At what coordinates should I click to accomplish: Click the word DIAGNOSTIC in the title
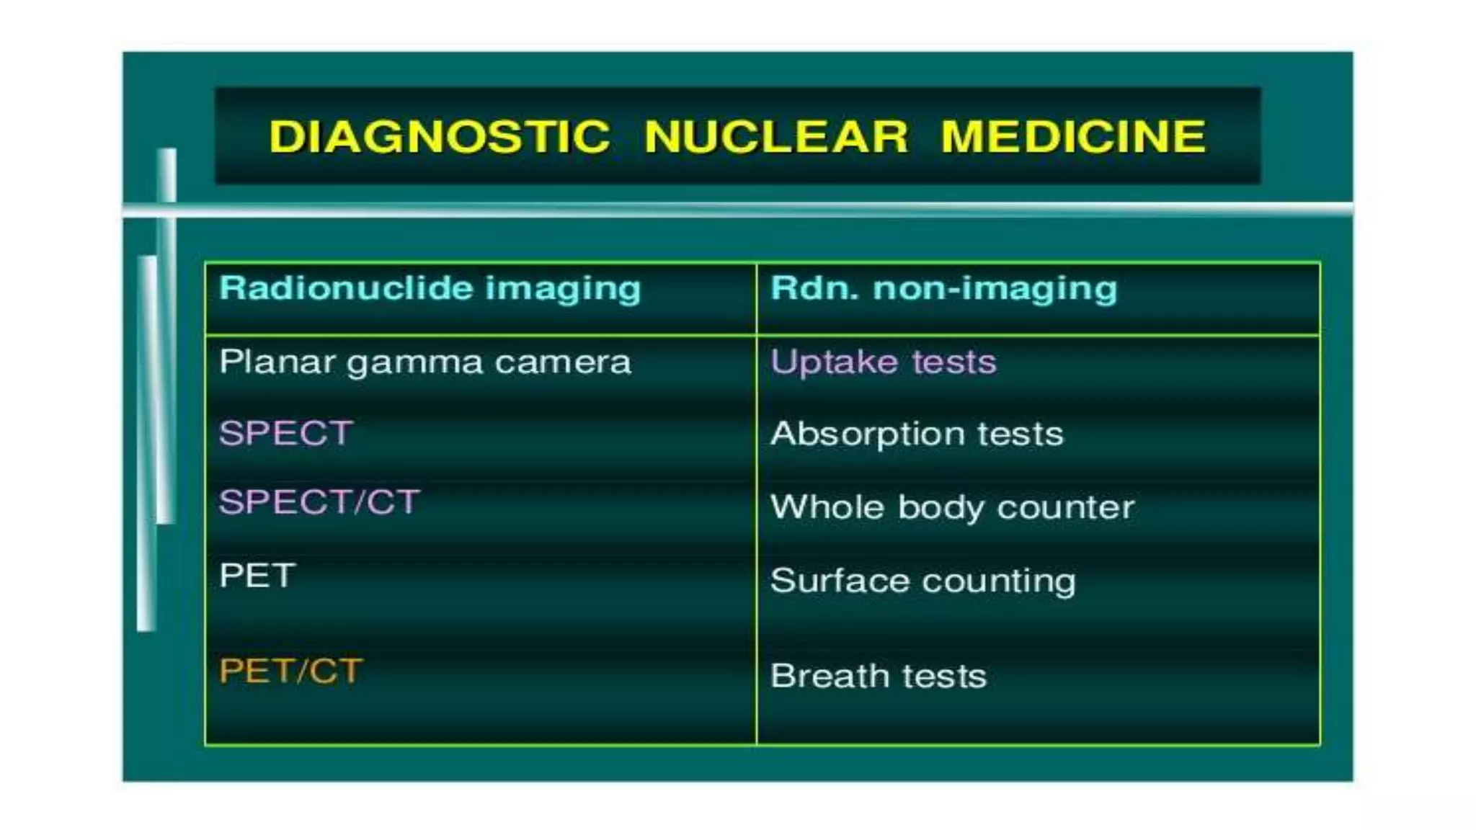(440, 137)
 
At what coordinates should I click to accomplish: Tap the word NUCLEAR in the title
(776, 137)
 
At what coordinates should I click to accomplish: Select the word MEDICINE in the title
(1073, 137)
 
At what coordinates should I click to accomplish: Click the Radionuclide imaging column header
(430, 288)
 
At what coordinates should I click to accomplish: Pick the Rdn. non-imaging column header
(943, 288)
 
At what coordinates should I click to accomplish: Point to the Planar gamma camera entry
(424, 362)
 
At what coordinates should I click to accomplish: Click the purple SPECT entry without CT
(285, 433)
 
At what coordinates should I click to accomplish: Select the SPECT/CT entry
(319, 501)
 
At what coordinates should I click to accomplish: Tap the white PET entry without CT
(257, 575)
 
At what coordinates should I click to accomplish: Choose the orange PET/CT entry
(290, 671)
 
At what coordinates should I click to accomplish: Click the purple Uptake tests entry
(883, 362)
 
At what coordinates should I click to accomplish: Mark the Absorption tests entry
(916, 434)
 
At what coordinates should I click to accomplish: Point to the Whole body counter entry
(952, 507)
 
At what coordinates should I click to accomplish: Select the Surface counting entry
(922, 581)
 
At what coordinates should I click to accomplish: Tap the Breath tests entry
(878, 676)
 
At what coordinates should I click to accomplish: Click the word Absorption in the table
(867, 434)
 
